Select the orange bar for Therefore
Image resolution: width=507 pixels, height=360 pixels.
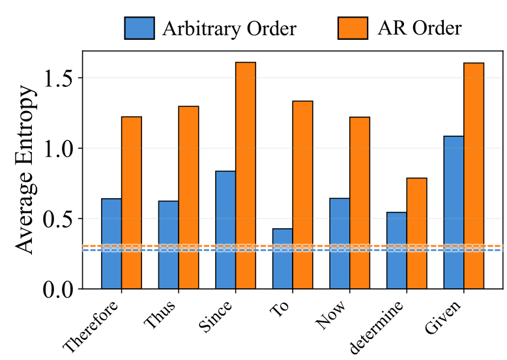132,202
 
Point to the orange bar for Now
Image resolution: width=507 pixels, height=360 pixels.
360,202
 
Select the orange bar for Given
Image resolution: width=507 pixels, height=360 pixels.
474,175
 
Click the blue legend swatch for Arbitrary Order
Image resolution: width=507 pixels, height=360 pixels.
139,28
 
